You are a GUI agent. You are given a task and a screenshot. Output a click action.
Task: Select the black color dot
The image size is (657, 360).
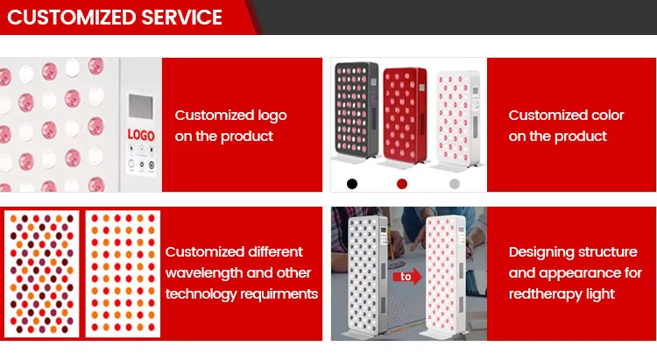pos(352,184)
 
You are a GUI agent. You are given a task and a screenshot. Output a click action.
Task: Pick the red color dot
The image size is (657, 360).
pos(402,184)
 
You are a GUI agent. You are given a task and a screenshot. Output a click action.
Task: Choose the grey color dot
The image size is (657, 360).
pos(454,184)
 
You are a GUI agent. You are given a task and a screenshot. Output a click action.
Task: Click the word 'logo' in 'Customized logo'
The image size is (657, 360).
pos(268,116)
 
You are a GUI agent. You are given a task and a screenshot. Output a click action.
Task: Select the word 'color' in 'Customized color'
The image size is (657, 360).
pos(604,116)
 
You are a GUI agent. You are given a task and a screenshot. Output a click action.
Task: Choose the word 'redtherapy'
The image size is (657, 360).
pos(547,294)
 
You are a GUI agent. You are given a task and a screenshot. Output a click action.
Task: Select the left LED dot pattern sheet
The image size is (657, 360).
pos(41,273)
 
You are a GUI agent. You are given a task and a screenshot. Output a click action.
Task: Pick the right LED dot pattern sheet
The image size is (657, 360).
pos(120,273)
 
